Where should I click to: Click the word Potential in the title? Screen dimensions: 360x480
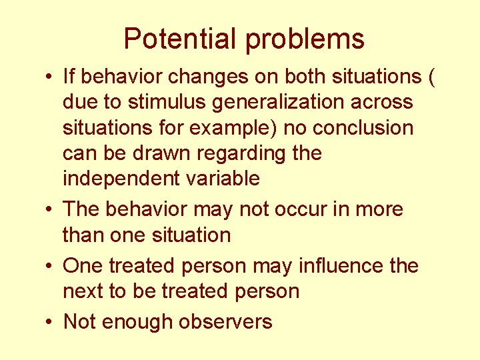tap(181, 39)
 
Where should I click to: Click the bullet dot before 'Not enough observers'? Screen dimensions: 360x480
tap(50, 322)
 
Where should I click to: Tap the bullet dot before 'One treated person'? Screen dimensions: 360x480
tap(50, 266)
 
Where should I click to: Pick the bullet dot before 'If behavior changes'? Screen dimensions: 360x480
tap(50, 77)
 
